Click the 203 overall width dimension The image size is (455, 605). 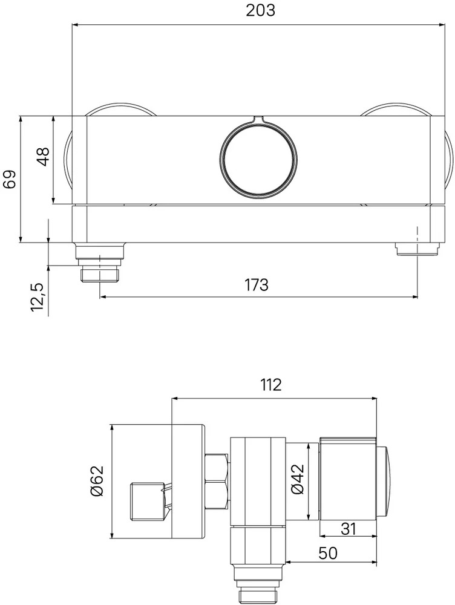[x=261, y=10]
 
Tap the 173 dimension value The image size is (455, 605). [x=257, y=285]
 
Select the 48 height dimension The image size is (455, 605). [x=43, y=156]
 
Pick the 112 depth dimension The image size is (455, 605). [x=270, y=385]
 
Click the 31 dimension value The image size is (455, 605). [x=348, y=529]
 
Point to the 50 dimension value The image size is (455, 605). [x=328, y=554]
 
